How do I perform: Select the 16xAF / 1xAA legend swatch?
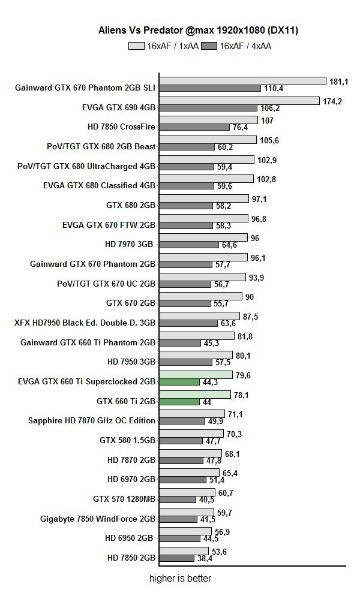(136, 46)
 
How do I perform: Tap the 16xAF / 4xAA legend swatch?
(209, 46)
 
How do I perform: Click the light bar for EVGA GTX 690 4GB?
(239, 101)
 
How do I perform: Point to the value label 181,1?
(336, 81)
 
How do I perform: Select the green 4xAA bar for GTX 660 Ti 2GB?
(179, 401)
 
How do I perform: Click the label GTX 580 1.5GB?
(127, 440)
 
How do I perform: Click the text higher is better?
(180, 579)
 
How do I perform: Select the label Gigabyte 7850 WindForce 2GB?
(98, 518)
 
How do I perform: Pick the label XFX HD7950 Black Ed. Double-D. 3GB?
(85, 323)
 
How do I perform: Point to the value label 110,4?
(273, 88)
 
